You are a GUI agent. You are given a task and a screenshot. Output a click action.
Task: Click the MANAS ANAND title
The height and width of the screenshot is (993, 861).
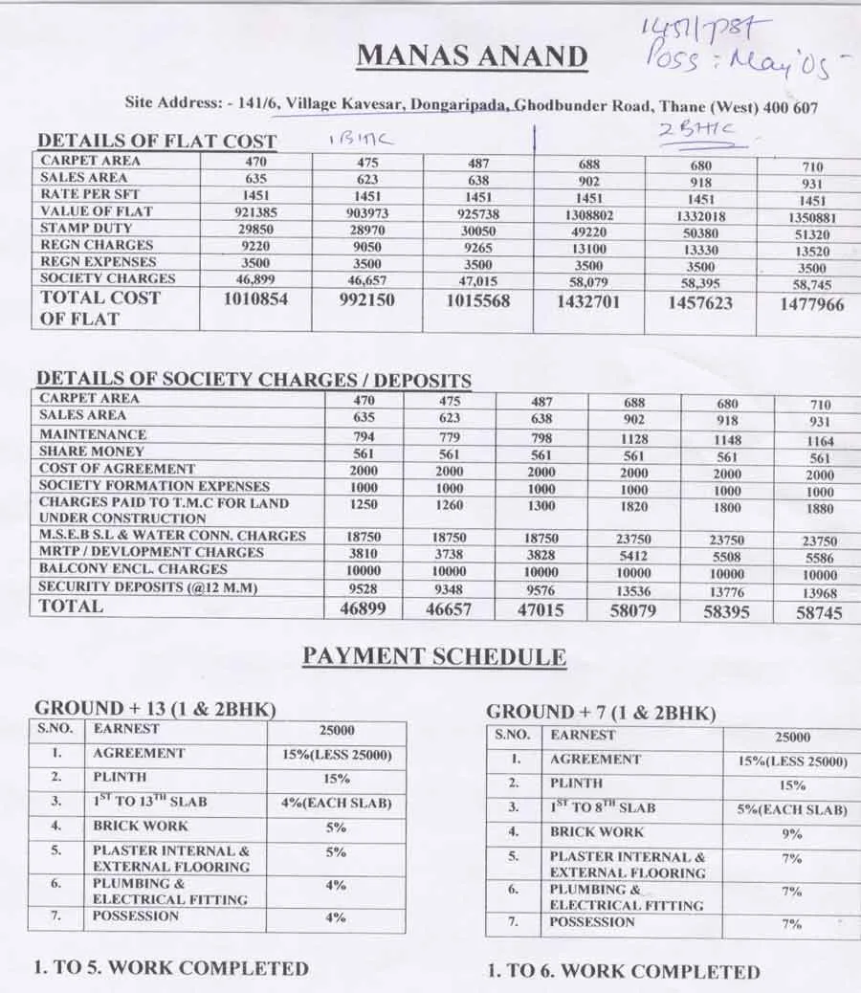(x=472, y=56)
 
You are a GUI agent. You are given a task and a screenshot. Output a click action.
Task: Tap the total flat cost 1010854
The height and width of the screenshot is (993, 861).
(x=255, y=299)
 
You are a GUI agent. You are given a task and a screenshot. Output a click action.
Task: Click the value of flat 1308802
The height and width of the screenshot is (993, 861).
(x=588, y=215)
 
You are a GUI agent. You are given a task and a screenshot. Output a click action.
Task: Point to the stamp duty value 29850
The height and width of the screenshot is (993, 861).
(x=255, y=229)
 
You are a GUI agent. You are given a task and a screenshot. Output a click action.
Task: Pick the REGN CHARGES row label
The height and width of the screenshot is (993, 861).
(x=97, y=245)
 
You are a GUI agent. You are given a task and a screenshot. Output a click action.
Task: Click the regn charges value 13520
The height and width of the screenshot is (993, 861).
(x=811, y=252)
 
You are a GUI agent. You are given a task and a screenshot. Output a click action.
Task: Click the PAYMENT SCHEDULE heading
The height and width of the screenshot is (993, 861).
(x=434, y=657)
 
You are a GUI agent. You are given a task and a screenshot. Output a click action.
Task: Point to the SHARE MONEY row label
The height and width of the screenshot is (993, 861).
(x=92, y=451)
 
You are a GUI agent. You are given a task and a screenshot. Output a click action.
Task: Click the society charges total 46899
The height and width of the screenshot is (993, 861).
(x=364, y=607)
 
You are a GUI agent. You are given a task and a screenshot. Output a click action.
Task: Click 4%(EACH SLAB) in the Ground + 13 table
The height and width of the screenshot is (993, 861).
(x=336, y=803)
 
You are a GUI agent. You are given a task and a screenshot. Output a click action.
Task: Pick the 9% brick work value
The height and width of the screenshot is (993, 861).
(x=790, y=834)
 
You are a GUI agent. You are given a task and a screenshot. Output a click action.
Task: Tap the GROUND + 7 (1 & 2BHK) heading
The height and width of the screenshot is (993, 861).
(x=601, y=713)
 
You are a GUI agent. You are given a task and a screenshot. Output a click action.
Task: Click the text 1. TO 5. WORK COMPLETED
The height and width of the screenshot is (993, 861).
(x=171, y=967)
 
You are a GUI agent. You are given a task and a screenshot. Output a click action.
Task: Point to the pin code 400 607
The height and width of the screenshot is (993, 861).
(x=791, y=107)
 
